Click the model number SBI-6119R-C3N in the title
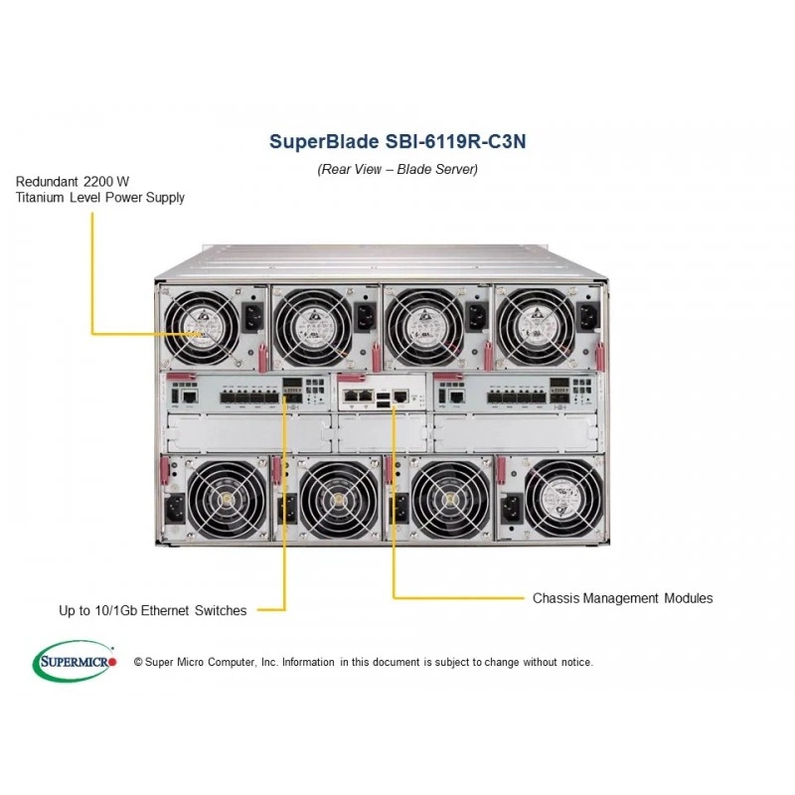455,141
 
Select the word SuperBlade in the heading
324,141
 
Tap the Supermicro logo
75,661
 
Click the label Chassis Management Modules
623,598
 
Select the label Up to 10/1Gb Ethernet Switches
153,610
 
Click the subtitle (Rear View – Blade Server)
397,169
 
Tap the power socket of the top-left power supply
253,317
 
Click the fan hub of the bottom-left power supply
226,501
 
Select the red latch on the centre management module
351,378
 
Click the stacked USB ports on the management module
384,398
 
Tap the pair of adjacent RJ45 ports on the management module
359,396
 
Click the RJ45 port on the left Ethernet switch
190,397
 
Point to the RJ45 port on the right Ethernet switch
457,397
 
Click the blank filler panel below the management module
383,432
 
